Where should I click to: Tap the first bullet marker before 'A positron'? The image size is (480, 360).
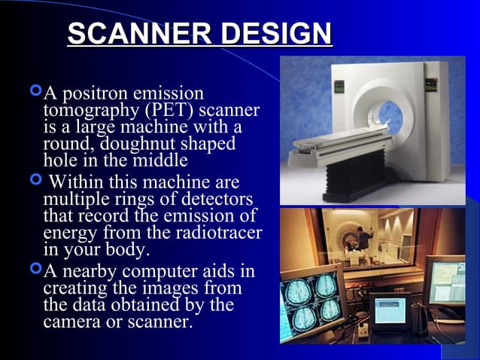pyautogui.click(x=35, y=93)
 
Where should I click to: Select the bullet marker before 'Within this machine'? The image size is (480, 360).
pyautogui.click(x=35, y=181)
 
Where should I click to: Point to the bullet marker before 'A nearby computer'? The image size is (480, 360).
pyautogui.click(x=35, y=269)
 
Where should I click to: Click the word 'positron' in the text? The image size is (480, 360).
pyautogui.click(x=96, y=93)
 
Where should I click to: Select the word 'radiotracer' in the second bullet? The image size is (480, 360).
pyautogui.click(x=217, y=233)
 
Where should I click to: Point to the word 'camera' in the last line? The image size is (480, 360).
pyautogui.click(x=73, y=323)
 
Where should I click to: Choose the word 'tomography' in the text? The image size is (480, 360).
pyautogui.click(x=85, y=111)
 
